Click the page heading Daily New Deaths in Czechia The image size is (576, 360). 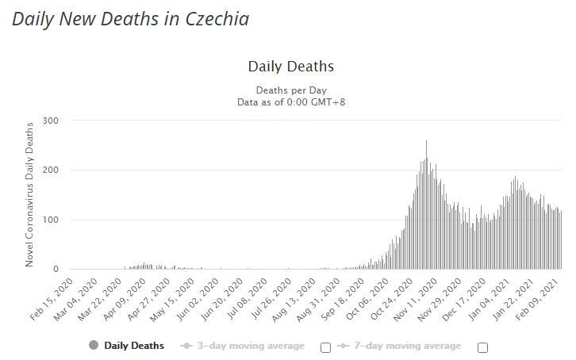[131, 18]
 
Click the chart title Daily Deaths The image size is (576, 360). [290, 66]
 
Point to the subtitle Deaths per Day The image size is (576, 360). [290, 90]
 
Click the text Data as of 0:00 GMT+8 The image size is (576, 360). [290, 101]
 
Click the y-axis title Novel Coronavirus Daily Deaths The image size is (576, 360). [30, 194]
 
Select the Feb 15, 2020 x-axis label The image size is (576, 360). [56, 297]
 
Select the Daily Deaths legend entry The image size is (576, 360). [128, 346]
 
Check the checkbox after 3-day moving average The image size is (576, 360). [325, 347]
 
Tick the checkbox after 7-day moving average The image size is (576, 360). [482, 347]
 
